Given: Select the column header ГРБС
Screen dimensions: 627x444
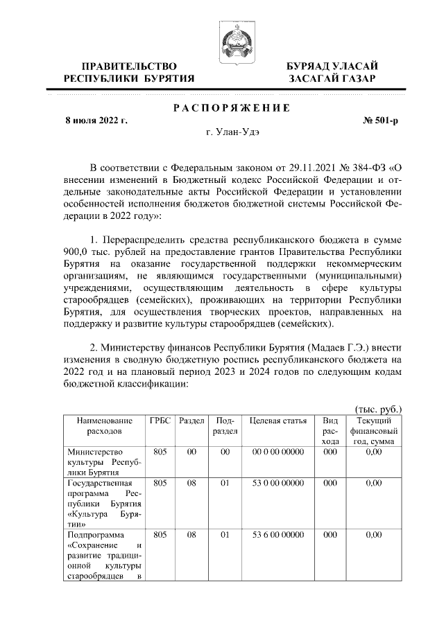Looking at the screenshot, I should pyautogui.click(x=160, y=421).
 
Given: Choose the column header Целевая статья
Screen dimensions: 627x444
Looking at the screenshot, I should pyautogui.click(x=277, y=421).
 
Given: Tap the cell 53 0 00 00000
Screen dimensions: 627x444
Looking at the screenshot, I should pyautogui.click(x=277, y=482).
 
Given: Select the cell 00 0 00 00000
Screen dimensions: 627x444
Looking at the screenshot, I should pyautogui.click(x=277, y=451).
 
